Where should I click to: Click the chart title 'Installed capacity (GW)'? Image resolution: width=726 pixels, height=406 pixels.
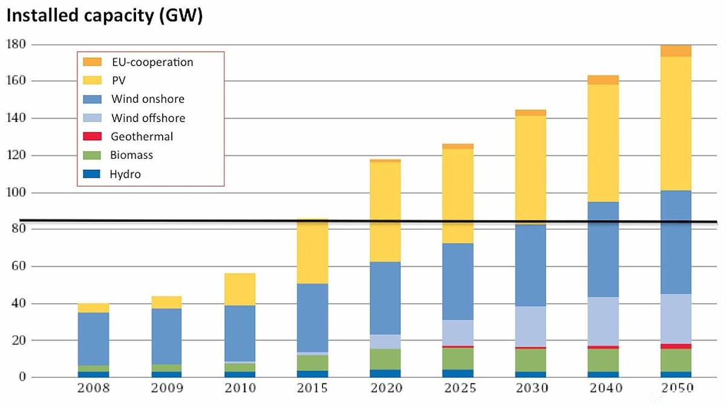coord(104,16)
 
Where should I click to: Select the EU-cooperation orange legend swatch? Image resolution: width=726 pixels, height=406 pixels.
coord(93,62)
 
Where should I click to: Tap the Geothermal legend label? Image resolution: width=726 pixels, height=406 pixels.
coord(142,137)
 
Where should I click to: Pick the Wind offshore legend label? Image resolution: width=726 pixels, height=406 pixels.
coord(148,118)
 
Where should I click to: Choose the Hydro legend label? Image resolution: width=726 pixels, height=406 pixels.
coord(126,175)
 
